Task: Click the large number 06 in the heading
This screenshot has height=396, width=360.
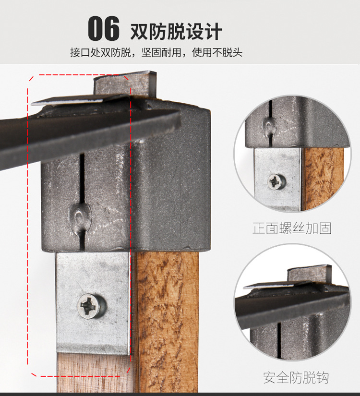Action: coord(104,28)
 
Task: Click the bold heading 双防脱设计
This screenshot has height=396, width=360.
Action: coord(176,31)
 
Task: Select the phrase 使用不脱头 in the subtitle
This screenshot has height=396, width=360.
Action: coord(217,52)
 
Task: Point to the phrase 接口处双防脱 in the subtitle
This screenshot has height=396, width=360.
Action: coord(100,52)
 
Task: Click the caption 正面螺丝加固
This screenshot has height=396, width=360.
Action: coord(292,228)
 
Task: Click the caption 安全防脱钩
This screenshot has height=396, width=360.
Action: coord(296,378)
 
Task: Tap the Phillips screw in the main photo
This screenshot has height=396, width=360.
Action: coord(92,306)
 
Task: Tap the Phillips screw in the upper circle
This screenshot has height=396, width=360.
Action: coord(276,181)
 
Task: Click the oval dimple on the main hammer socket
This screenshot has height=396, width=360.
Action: coord(80,216)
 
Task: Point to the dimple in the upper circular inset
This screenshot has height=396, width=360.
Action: coord(269,125)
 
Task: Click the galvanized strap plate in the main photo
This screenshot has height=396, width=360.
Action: coord(93,303)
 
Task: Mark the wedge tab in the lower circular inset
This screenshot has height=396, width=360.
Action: coord(310,274)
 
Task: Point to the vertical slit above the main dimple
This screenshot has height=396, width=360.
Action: coord(82,177)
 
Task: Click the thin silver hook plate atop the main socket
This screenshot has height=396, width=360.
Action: coord(81,100)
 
